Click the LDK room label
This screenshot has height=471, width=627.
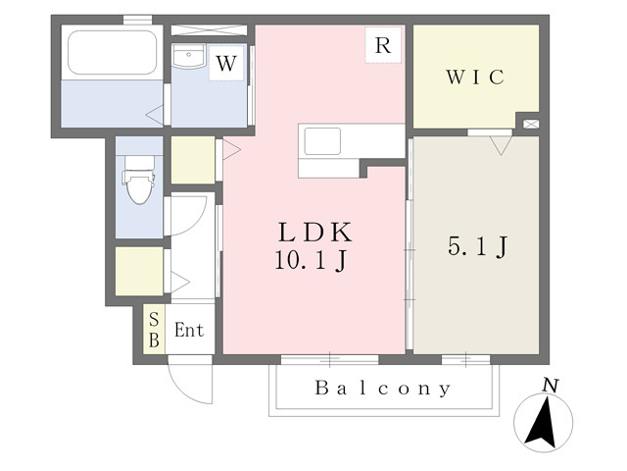pos(314,234)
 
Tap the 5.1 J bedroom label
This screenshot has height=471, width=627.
pos(476,247)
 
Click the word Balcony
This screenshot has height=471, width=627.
pos(383,389)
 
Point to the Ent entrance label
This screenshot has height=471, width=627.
pos(189,331)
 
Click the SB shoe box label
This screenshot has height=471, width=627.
pos(154,330)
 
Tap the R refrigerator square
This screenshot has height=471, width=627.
pos(382,45)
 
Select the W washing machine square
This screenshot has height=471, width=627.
pos(225,65)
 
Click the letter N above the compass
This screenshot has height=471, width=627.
pos(551,386)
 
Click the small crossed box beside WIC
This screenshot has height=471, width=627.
pos(530,125)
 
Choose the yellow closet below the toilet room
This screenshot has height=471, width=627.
pos(138,271)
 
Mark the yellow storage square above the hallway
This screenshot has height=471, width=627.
pos(193,160)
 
